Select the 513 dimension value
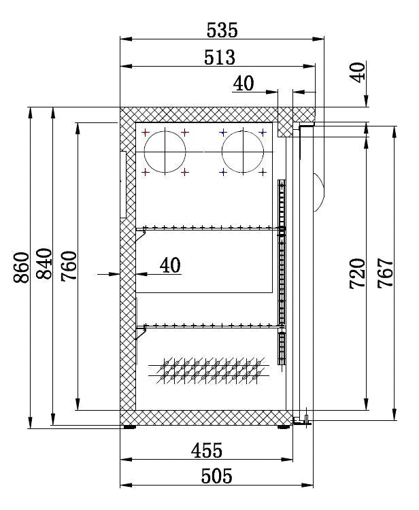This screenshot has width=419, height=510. [219, 57]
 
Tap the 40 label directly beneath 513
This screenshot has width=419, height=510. [243, 83]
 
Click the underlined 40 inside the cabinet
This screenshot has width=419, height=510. [171, 265]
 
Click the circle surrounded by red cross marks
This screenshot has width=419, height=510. [165, 151]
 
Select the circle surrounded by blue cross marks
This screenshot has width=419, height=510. [242, 151]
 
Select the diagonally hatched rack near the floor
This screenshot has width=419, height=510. [207, 370]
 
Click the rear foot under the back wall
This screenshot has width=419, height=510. [129, 428]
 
